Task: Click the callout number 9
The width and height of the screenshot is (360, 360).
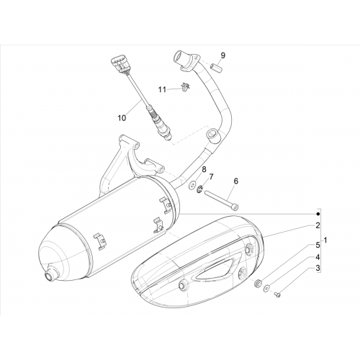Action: pyautogui.click(x=223, y=55)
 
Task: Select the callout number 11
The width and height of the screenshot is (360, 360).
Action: pyautogui.click(x=162, y=90)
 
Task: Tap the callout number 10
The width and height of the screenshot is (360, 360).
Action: pyautogui.click(x=122, y=118)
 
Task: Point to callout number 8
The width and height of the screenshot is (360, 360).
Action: pyautogui.click(x=204, y=169)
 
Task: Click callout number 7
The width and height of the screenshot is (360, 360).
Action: pyautogui.click(x=211, y=177)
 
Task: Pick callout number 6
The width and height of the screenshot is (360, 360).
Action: pyautogui.click(x=236, y=181)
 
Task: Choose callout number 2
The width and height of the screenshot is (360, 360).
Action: pyautogui.click(x=318, y=225)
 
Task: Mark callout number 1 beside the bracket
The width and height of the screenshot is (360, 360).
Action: pyautogui.click(x=325, y=240)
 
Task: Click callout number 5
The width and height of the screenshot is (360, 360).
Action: pyautogui.click(x=318, y=245)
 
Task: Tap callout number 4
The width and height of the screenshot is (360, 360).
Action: pyautogui.click(x=318, y=257)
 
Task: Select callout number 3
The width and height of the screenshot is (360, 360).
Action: pyautogui.click(x=318, y=268)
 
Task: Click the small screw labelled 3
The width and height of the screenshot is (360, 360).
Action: pyautogui.click(x=278, y=294)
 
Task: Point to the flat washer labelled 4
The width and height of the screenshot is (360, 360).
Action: pyautogui.click(x=266, y=288)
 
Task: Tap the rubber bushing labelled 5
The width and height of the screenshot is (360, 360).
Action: pyautogui.click(x=258, y=284)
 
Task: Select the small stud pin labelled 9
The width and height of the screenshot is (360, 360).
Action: pyautogui.click(x=216, y=66)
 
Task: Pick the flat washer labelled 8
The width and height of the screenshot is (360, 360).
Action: pyautogui.click(x=192, y=185)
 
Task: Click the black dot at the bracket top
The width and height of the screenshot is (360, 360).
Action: pyautogui.click(x=318, y=214)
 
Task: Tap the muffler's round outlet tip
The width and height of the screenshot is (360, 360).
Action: pyautogui.click(x=51, y=274)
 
